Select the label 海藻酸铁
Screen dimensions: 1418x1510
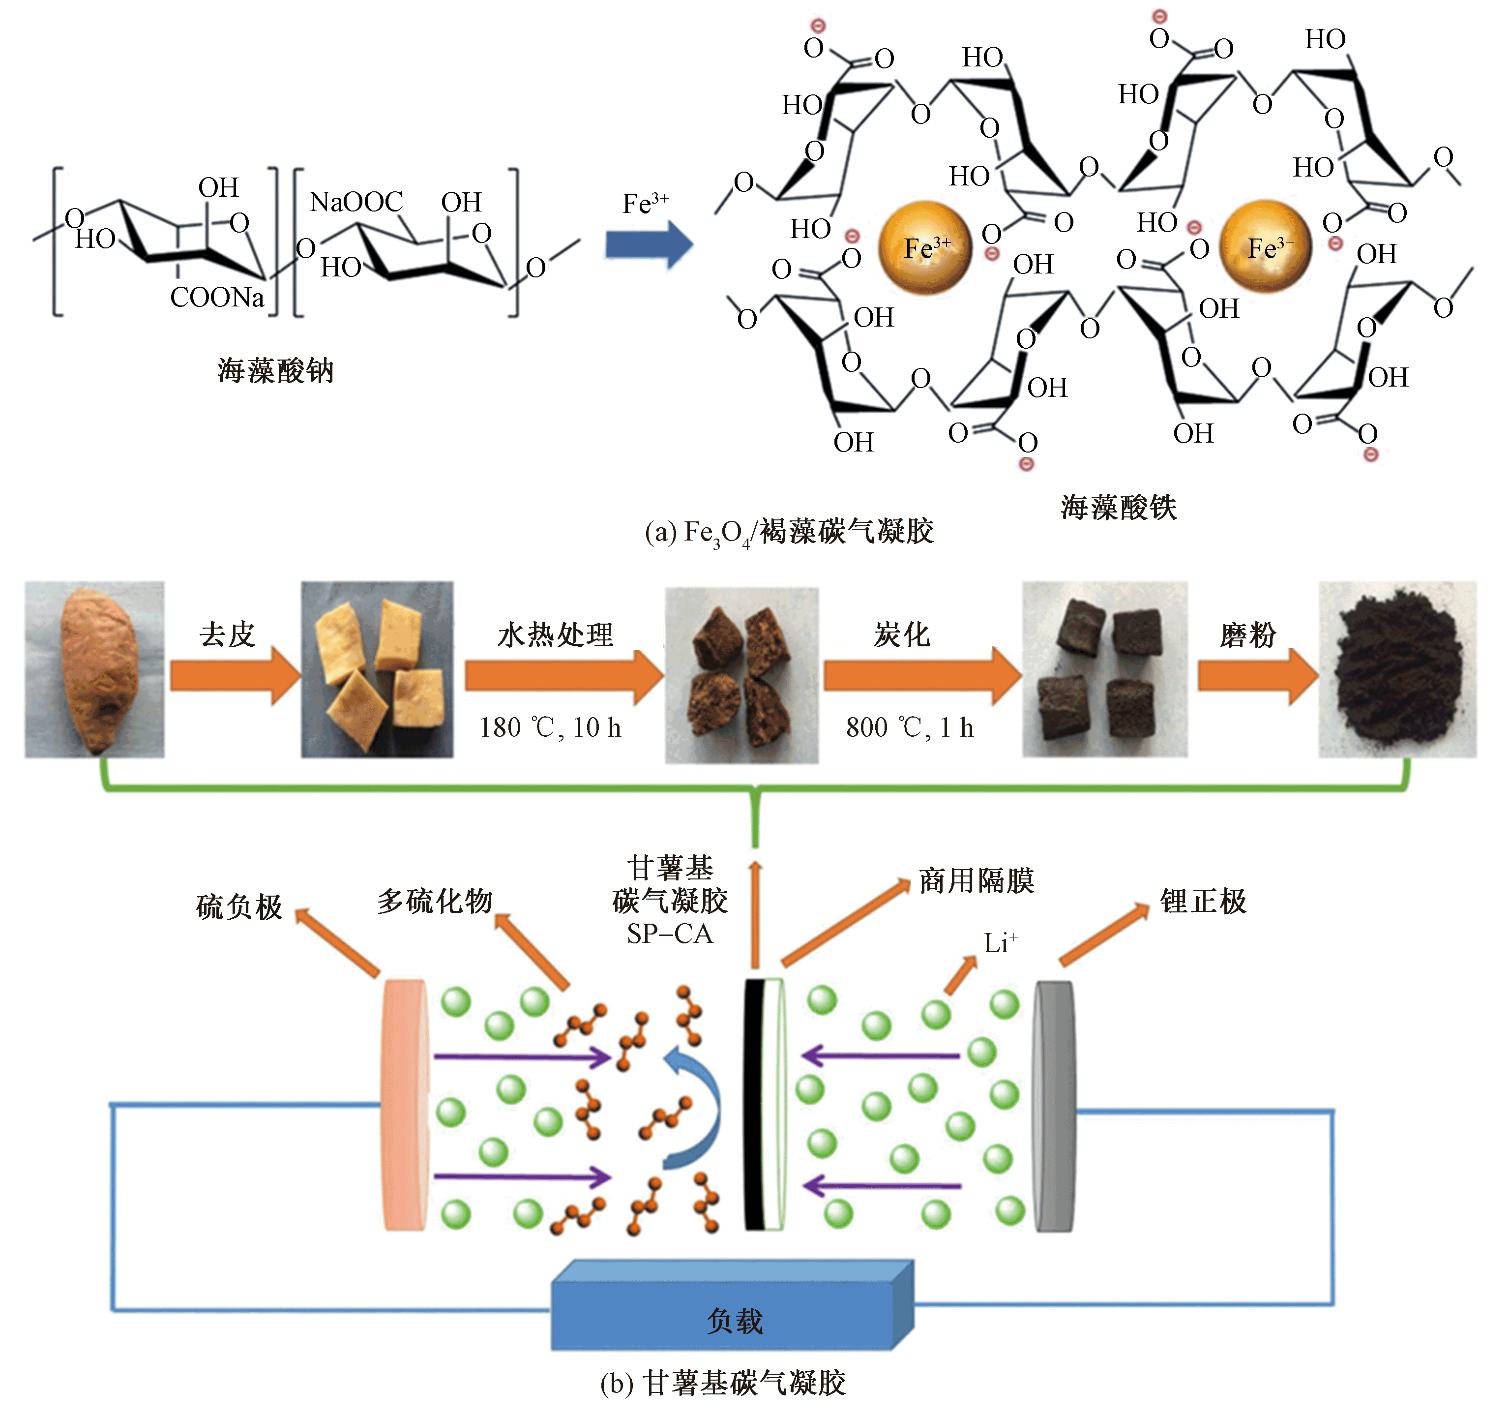1118,508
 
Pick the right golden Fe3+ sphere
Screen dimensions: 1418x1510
1266,247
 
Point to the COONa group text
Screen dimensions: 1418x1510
217,297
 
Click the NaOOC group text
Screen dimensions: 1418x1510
356,202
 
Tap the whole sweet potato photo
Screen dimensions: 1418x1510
94,669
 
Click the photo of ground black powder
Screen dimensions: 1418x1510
1397,669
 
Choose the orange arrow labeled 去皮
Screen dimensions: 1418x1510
236,675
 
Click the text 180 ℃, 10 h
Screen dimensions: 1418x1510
550,728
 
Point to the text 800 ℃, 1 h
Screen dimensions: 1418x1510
909,728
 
